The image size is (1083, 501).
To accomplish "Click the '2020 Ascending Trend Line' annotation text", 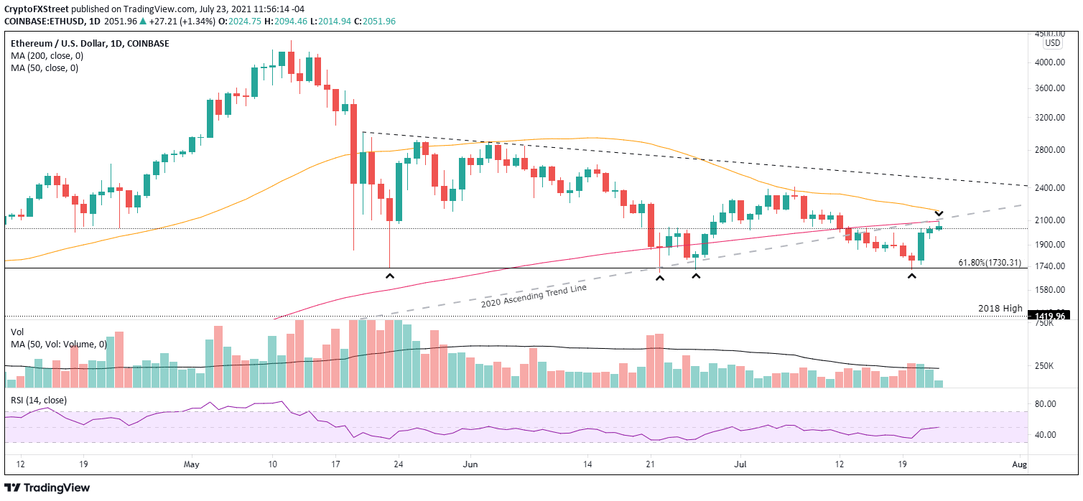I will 534,297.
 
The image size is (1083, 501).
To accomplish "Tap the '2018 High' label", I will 1000,308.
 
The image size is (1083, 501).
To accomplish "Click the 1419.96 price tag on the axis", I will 1050,315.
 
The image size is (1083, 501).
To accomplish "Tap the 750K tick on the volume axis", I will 1044,324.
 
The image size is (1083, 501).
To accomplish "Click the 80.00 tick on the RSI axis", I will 1045,404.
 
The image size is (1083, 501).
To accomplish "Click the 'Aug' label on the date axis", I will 1018,464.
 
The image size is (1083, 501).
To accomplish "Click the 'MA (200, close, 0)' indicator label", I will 44,56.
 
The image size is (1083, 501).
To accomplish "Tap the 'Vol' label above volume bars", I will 17,332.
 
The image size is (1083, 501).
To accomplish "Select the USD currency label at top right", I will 1053,43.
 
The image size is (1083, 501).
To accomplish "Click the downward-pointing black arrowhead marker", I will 938,214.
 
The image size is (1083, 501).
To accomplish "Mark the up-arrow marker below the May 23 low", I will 390,276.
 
